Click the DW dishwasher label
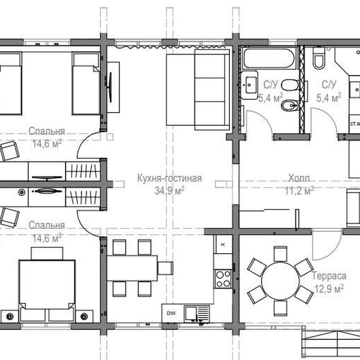tap(171, 313)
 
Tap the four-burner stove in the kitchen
tap(222, 279)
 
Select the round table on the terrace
tap(280, 281)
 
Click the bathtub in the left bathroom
tap(269, 58)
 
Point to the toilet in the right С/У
tap(319, 59)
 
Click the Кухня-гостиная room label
tap(170, 178)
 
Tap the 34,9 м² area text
tap(169, 190)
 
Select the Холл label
tap(299, 178)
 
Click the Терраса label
tap(329, 276)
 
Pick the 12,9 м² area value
tap(329, 289)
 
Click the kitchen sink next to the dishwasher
tap(197, 313)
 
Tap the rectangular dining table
tap(132, 268)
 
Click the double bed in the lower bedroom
tap(47, 285)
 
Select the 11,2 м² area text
tap(299, 190)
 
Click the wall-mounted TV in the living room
tap(111, 87)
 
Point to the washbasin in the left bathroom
tap(249, 85)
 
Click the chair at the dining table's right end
tap(165, 268)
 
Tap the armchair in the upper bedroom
tap(9, 150)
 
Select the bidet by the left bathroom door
tap(290, 105)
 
